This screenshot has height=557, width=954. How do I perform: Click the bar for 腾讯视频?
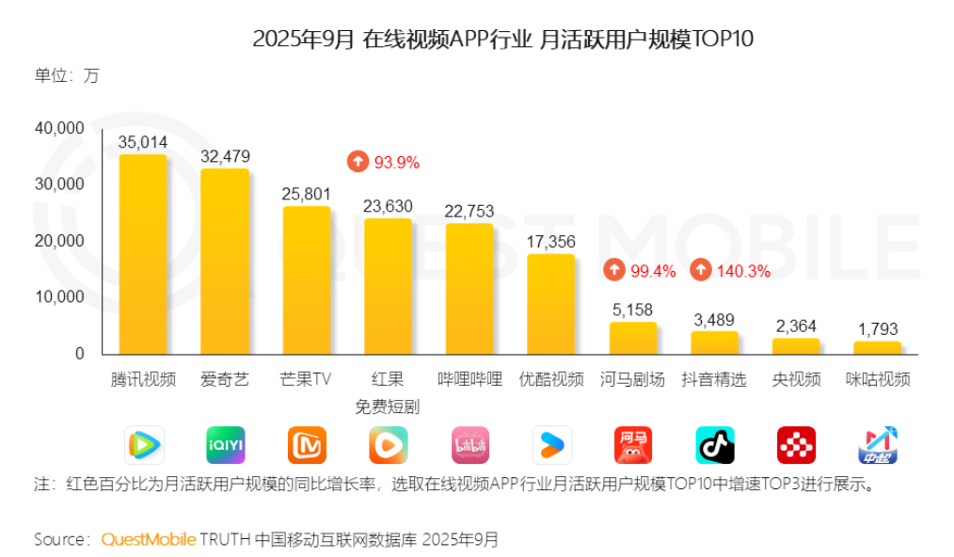(143, 254)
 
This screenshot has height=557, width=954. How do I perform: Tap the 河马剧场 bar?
(632, 338)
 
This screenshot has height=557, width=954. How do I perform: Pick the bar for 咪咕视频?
(877, 347)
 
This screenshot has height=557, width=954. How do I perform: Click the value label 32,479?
(225, 156)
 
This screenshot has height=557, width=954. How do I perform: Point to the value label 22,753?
(469, 211)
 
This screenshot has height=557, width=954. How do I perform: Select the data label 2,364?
(796, 326)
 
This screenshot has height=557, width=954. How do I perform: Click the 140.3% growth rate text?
(743, 271)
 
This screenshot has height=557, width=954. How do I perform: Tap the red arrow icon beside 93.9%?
(358, 162)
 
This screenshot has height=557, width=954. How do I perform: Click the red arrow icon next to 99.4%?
(613, 271)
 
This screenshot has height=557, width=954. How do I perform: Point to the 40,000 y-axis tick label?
(59, 128)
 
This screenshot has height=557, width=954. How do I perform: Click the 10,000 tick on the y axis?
(59, 297)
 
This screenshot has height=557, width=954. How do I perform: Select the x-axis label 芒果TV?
(306, 379)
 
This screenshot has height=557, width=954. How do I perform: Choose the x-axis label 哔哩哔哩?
(469, 379)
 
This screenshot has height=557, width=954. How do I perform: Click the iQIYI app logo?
(225, 445)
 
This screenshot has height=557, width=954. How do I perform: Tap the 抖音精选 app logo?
(714, 445)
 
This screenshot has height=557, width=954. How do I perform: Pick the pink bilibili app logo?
(469, 445)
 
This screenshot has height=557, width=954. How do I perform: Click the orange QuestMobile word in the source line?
(149, 539)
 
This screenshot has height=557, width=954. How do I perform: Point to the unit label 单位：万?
(66, 76)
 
